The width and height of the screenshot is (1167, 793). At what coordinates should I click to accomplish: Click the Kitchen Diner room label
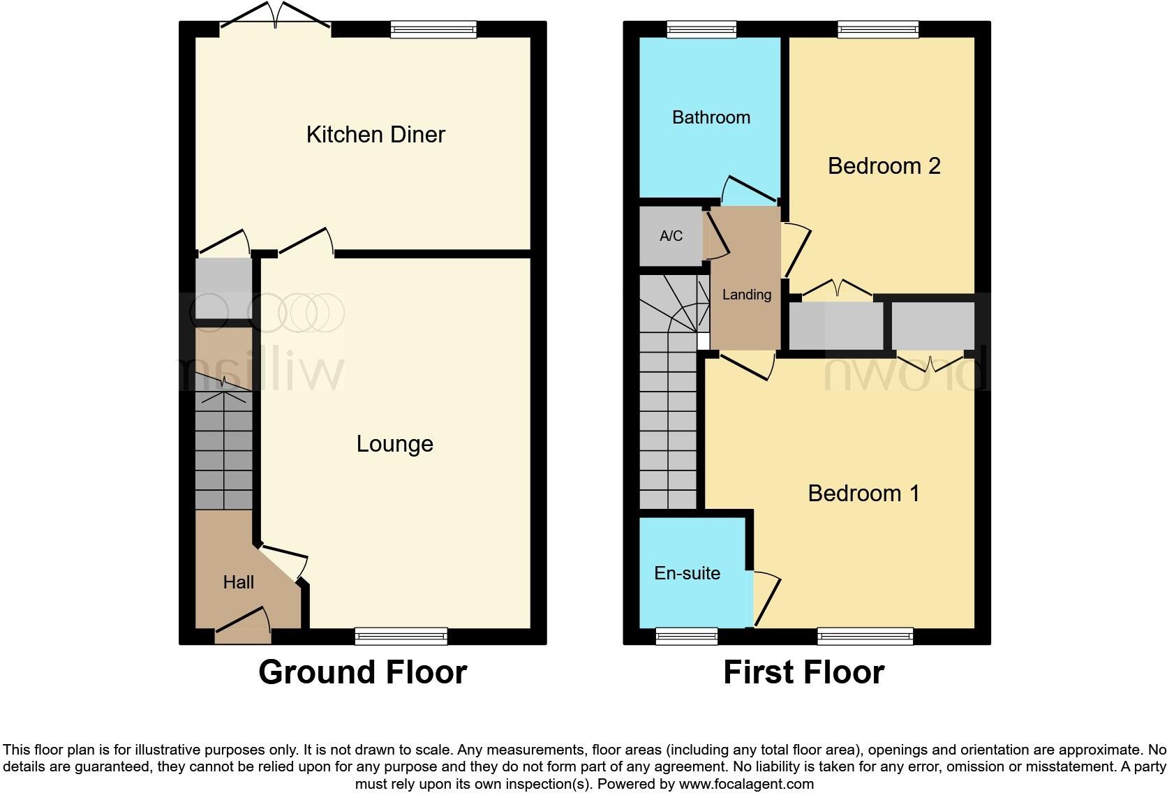[376, 134]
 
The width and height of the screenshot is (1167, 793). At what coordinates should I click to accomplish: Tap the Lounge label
[394, 443]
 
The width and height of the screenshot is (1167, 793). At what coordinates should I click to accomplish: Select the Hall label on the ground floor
[238, 582]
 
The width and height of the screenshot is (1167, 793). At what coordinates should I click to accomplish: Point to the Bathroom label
[711, 117]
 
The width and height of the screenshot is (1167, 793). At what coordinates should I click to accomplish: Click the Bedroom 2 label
[884, 166]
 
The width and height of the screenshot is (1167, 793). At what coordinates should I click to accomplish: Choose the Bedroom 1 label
[863, 494]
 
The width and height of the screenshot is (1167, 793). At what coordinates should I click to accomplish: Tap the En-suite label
[687, 573]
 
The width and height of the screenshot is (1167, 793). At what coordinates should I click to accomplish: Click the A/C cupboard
[671, 236]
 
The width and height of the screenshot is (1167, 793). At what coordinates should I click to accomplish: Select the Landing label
[746, 295]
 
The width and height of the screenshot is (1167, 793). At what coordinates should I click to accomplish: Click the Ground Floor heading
[362, 672]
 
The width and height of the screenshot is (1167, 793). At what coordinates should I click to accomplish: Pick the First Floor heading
[803, 672]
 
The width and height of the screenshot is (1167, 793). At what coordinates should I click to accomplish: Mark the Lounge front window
[401, 635]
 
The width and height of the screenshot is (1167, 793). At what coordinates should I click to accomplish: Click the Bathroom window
[701, 29]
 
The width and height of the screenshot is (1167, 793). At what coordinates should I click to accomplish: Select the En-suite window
[687, 635]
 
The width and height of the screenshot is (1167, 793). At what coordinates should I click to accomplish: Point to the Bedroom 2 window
[878, 29]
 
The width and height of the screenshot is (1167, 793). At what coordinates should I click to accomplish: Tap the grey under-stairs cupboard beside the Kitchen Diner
[223, 288]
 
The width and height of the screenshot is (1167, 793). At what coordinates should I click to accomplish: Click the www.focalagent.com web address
[746, 784]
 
